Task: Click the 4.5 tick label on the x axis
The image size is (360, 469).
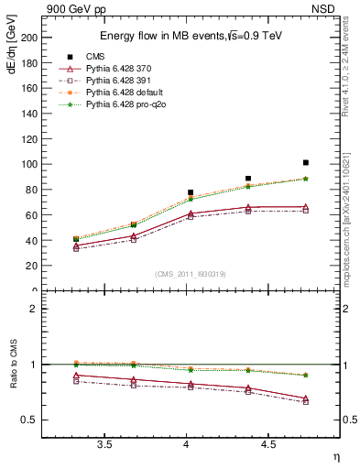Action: [267, 445]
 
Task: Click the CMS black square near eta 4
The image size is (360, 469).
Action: [191, 192]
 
